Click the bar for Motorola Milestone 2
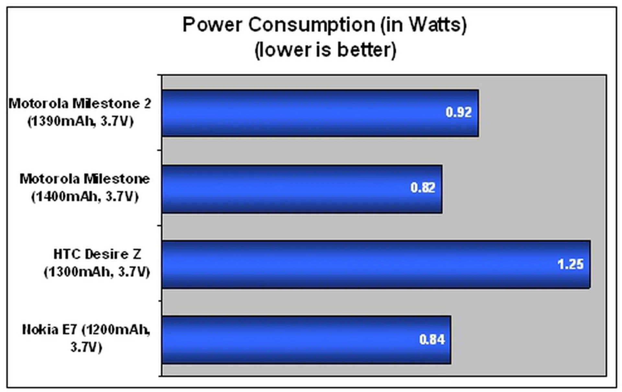[x=320, y=113]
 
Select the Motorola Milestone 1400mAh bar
[x=302, y=189]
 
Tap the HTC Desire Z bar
[x=376, y=264]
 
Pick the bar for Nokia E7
[x=306, y=340]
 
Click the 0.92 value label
[x=458, y=112]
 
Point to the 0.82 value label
[x=423, y=188]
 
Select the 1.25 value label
[x=570, y=264]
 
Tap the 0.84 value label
[x=432, y=340]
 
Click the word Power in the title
[x=213, y=25]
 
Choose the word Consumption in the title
[x=311, y=25]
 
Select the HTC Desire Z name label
[x=97, y=254]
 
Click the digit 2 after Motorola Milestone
[x=147, y=104]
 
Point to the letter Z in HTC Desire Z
[x=137, y=254]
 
